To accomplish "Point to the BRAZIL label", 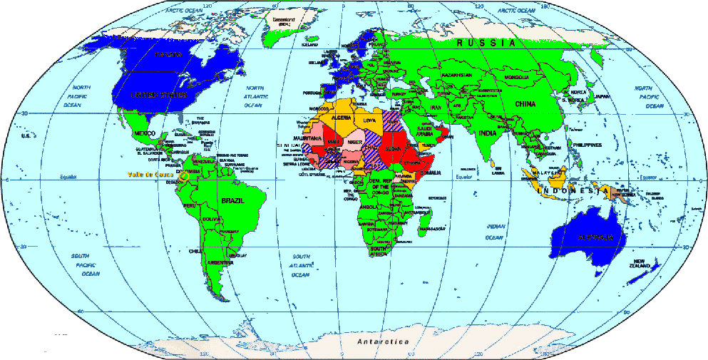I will pos(234,202).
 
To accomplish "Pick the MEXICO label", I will pos(145,133).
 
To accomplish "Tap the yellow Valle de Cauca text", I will pos(149,174).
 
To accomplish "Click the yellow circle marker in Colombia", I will pos(184,175).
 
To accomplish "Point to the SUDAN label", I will pos(392,150).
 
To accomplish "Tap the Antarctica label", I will pos(384,342).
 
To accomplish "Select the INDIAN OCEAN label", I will pos(495,232).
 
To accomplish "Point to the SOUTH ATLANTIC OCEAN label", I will pos(301,265).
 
